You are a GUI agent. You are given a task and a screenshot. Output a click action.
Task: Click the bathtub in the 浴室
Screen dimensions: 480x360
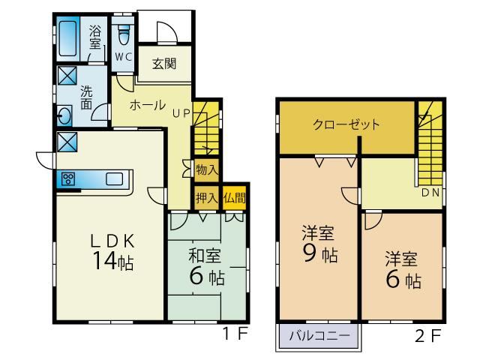[68, 38]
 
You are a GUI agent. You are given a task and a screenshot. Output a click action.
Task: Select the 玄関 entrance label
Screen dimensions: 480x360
[164, 64]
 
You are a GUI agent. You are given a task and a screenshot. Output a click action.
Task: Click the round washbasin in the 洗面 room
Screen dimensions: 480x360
[64, 115]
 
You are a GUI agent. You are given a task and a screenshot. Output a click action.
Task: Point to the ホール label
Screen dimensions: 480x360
[147, 105]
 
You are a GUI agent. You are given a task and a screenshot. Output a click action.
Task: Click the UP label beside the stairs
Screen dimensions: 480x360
[181, 113]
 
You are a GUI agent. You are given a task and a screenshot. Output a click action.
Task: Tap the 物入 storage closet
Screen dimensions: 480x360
[207, 170]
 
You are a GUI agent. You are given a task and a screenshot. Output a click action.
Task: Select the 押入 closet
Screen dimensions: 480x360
[207, 198]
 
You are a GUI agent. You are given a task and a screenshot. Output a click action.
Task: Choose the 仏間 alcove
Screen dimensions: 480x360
[234, 198]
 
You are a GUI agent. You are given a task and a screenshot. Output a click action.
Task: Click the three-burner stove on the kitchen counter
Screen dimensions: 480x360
[68, 178]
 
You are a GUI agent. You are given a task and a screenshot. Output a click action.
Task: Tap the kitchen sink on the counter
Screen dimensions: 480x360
[115, 178]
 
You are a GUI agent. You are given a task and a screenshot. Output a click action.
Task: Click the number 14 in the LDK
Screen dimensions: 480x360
[105, 261]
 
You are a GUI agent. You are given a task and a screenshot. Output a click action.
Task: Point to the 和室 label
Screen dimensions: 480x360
[205, 256]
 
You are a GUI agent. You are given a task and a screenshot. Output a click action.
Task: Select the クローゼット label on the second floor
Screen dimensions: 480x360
[346, 124]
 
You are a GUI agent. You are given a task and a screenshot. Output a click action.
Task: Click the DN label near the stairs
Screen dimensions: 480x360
[430, 193]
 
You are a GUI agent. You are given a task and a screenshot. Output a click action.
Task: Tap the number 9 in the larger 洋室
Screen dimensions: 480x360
[310, 254]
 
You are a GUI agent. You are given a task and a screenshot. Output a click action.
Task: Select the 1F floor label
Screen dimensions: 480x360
[235, 334]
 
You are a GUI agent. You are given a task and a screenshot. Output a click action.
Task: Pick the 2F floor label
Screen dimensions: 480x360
[428, 336]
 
